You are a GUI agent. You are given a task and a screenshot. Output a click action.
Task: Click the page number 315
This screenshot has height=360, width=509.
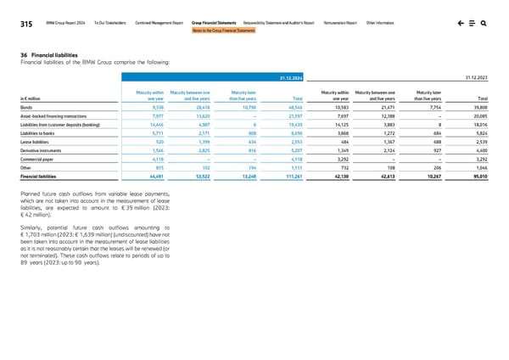pos(26,25)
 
